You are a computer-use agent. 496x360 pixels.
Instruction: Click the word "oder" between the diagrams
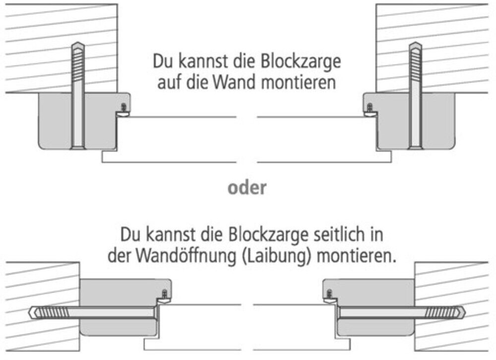[x=247, y=188]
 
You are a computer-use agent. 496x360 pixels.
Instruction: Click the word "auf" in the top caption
[x=169, y=81]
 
